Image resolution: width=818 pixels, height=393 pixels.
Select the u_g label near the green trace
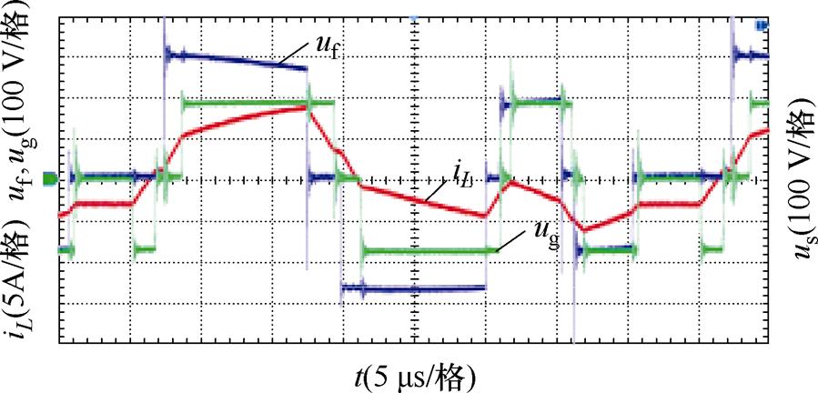[543, 238]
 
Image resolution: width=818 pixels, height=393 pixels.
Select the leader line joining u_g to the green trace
[513, 241]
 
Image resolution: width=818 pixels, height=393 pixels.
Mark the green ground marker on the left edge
[48, 179]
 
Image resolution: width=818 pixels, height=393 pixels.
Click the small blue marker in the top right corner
[762, 25]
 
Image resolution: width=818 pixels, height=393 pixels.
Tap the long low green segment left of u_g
[428, 249]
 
